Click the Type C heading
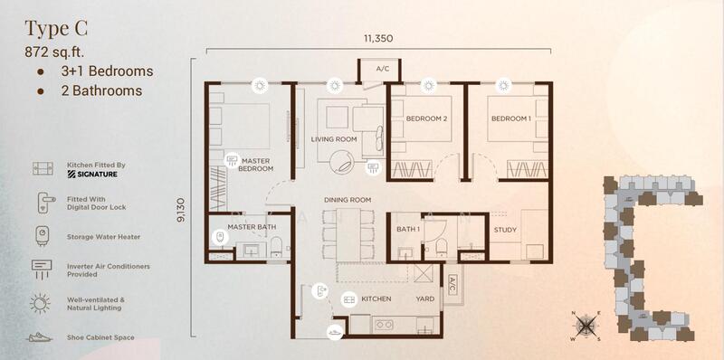(56, 29)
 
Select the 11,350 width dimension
(377, 38)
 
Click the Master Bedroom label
(256, 165)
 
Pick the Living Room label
(334, 139)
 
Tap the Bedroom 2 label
(426, 118)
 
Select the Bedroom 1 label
(511, 118)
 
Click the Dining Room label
(348, 200)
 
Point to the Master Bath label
(252, 227)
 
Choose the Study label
(505, 230)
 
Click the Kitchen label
(376, 299)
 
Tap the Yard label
(425, 299)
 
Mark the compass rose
(586, 327)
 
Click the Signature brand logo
(92, 174)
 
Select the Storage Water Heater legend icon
(42, 236)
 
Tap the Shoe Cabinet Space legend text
(100, 337)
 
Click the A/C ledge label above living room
(382, 70)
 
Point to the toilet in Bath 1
(441, 246)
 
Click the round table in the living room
(342, 163)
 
